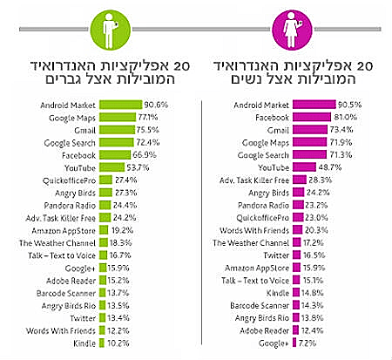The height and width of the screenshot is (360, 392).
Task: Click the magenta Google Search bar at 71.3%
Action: coord(308,153)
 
